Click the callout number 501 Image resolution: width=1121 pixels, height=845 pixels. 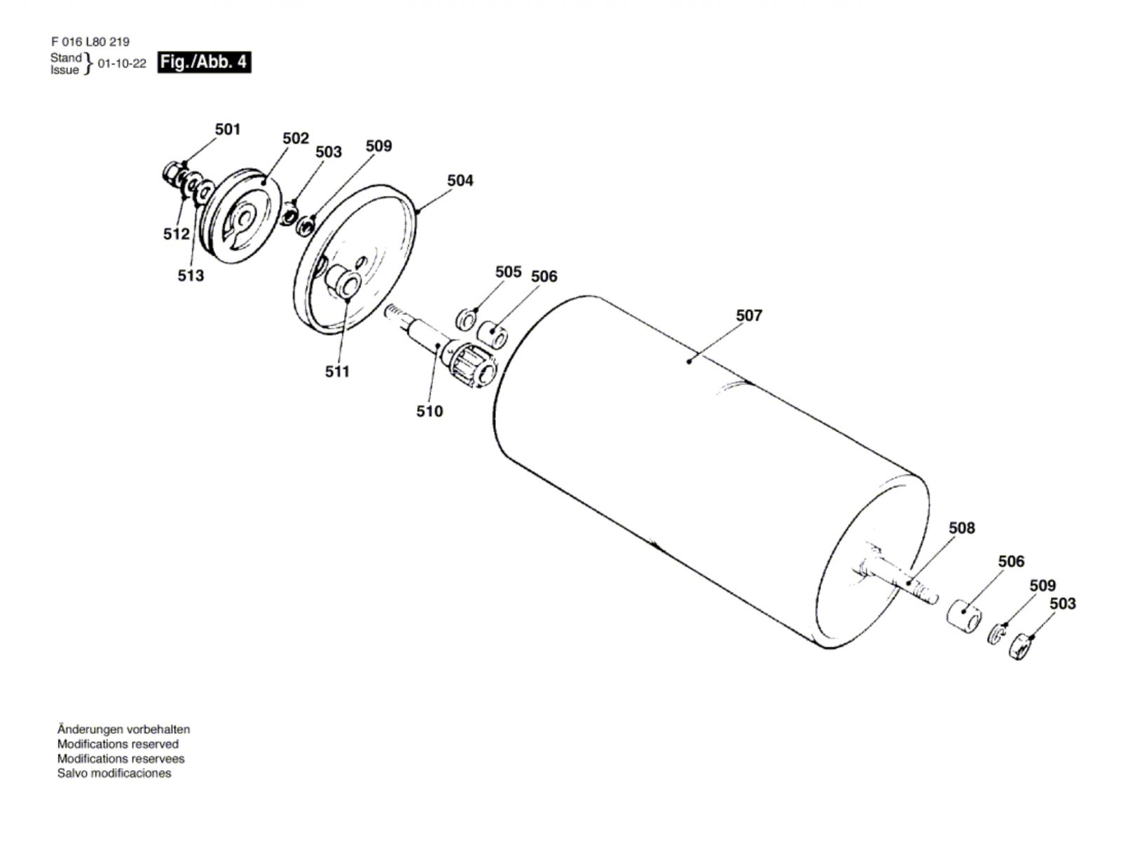click(227, 129)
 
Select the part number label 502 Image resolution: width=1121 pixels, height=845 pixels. click(296, 138)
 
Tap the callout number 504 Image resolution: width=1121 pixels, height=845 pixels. click(460, 180)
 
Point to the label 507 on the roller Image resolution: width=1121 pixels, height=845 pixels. click(749, 315)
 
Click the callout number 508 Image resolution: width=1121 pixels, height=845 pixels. click(962, 528)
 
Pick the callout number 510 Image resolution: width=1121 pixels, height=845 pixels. click(429, 411)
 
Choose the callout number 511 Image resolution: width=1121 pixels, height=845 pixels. click(337, 371)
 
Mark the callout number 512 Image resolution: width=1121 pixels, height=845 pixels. click(176, 234)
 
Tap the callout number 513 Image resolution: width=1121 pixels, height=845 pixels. click(191, 275)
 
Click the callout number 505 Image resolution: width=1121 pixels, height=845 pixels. click(508, 272)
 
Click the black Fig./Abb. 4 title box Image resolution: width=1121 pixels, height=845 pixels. click(204, 62)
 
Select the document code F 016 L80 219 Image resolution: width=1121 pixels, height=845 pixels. click(90, 42)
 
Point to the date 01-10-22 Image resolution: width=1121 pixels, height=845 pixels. click(122, 63)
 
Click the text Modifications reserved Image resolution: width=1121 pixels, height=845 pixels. click(118, 744)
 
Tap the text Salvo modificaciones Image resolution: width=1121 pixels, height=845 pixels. click(114, 773)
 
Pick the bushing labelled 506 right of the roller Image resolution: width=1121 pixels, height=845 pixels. click(963, 618)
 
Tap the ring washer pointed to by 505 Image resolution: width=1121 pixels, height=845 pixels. click(465, 319)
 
